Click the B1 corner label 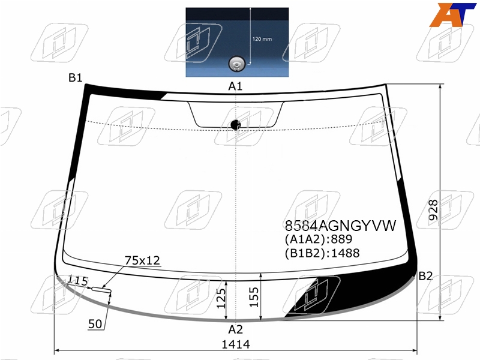[x=76, y=78]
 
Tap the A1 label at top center [x=235, y=86]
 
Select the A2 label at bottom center [x=235, y=329]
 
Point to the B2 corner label [x=425, y=276]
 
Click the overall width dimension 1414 [x=236, y=344]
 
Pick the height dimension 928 [x=433, y=210]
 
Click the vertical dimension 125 [x=221, y=298]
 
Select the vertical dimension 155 [x=254, y=297]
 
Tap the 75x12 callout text [x=142, y=260]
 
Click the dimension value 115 [x=77, y=280]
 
